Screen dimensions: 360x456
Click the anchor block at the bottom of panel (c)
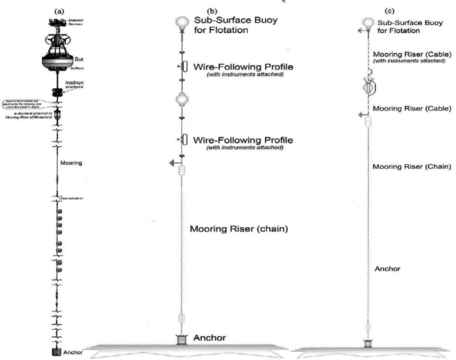(x=368, y=343)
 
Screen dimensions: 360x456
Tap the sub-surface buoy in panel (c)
(x=369, y=22)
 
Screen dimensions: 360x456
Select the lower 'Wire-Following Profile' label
(x=243, y=139)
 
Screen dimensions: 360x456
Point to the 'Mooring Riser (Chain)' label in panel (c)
(x=412, y=167)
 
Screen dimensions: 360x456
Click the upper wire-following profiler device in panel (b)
(x=185, y=66)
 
